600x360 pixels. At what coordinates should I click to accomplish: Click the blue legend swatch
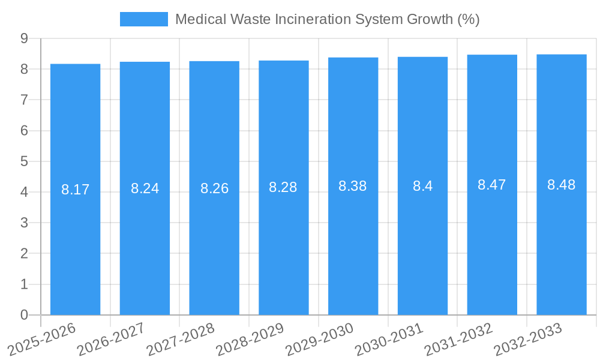[144, 19]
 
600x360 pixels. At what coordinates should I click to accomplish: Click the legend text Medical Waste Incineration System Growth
[327, 19]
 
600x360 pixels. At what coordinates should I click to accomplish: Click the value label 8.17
[75, 190]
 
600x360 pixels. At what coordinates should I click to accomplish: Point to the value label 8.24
[145, 188]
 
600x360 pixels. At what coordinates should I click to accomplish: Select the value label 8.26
[214, 188]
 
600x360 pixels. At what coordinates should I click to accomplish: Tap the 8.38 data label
[353, 186]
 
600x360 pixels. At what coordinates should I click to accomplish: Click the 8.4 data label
[422, 186]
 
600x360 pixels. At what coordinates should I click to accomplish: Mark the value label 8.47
[492, 185]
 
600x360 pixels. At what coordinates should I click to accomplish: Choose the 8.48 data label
[562, 185]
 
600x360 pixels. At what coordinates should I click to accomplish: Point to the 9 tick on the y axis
[24, 38]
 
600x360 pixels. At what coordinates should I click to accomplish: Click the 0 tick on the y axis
[24, 315]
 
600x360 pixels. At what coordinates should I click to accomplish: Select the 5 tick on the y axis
[24, 161]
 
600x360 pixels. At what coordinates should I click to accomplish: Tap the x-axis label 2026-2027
[110, 339]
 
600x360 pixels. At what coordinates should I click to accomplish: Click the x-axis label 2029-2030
[319, 339]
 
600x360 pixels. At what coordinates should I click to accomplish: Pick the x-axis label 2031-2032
[458, 339]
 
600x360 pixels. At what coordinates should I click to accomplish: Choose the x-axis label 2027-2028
[180, 339]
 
